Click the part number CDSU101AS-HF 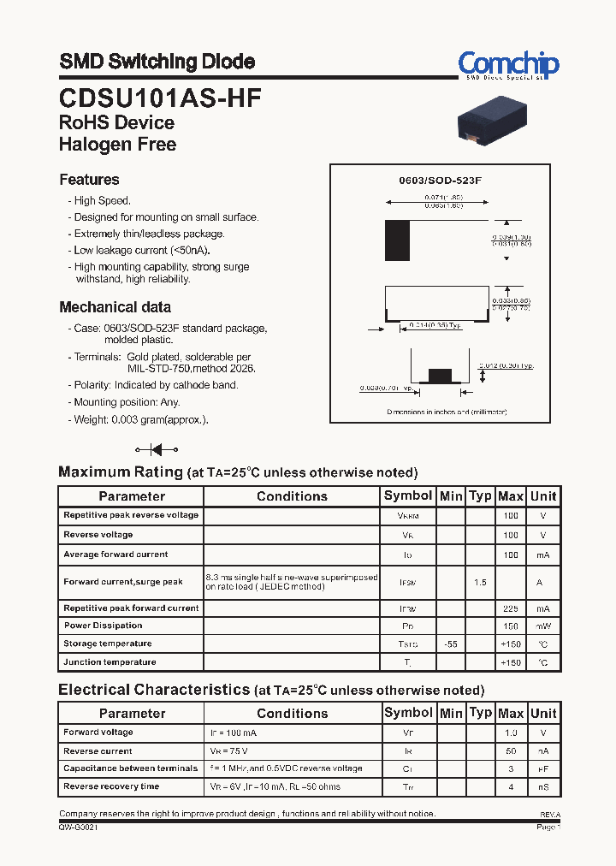pos(160,98)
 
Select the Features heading pos(89,180)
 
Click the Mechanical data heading pos(115,307)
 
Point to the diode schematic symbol pos(157,449)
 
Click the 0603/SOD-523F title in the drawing pos(441,181)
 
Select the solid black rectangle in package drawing pos(397,240)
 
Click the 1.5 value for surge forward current pos(480,582)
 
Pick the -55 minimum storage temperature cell pos(451,644)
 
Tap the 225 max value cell pos(511,608)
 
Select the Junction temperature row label pos(110,662)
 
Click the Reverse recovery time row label pos(111,786)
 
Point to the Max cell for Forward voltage pos(511,733)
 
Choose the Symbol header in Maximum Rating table pos(408,495)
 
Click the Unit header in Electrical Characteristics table pos(543,713)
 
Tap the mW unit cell pos(543,626)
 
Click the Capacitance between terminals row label pos(130,768)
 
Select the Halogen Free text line pos(117,145)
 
